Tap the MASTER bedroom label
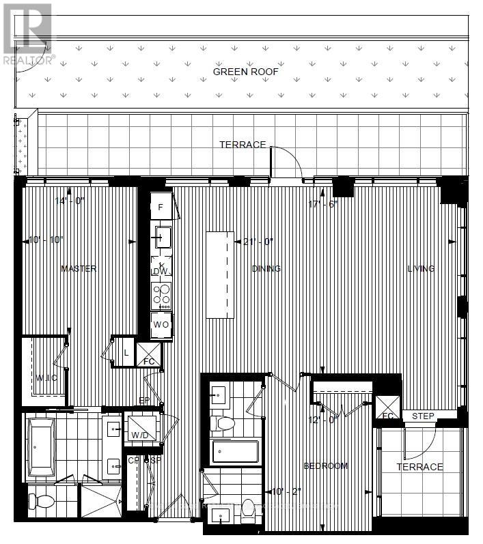tap(79, 269)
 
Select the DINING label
tap(266, 269)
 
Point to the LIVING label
tap(421, 269)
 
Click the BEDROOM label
tap(326, 466)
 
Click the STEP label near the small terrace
tap(423, 416)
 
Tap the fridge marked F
tap(161, 206)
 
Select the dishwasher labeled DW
tap(161, 271)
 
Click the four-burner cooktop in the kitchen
tap(161, 296)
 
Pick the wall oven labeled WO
tap(161, 324)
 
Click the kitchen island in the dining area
tap(220, 274)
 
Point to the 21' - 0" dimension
tap(258, 242)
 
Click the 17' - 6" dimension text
tap(324, 204)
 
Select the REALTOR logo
tap(27, 33)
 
